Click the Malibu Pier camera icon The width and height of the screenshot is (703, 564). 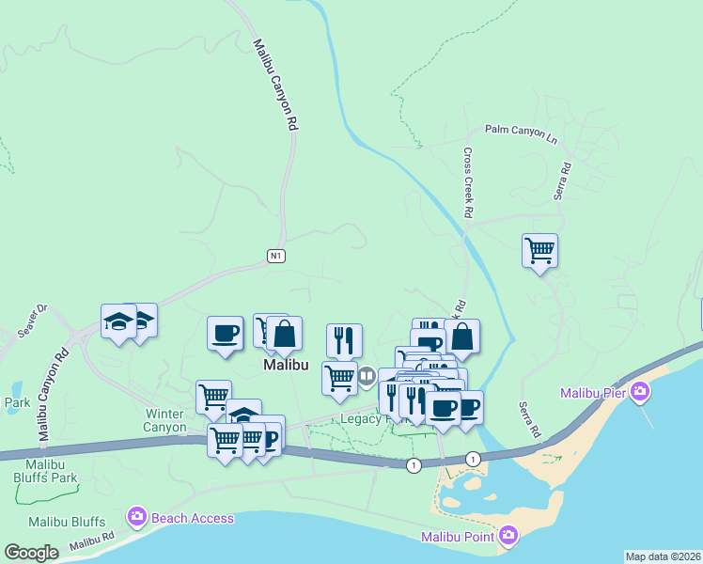click(x=640, y=391)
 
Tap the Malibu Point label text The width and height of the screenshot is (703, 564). click(x=459, y=537)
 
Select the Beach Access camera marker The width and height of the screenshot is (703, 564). click(x=137, y=517)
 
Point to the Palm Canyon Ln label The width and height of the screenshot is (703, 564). click(x=521, y=132)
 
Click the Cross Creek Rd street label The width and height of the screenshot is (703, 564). click(x=467, y=182)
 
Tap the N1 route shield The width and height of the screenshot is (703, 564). click(x=275, y=256)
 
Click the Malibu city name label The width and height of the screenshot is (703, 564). click(x=287, y=365)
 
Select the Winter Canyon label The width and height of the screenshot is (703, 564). click(x=171, y=420)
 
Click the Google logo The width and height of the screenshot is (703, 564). click(x=31, y=553)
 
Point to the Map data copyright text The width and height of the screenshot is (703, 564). click(x=663, y=556)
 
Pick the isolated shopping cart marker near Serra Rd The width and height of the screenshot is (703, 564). click(x=539, y=251)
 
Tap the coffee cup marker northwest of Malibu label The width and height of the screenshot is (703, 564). click(x=225, y=335)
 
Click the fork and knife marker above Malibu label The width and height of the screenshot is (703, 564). click(x=344, y=340)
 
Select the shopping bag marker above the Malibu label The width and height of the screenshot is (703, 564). click(x=284, y=334)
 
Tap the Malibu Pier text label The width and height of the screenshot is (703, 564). click(x=594, y=392)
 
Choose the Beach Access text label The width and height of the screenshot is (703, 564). click(x=193, y=518)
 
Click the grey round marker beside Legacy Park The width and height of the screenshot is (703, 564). click(x=366, y=376)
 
